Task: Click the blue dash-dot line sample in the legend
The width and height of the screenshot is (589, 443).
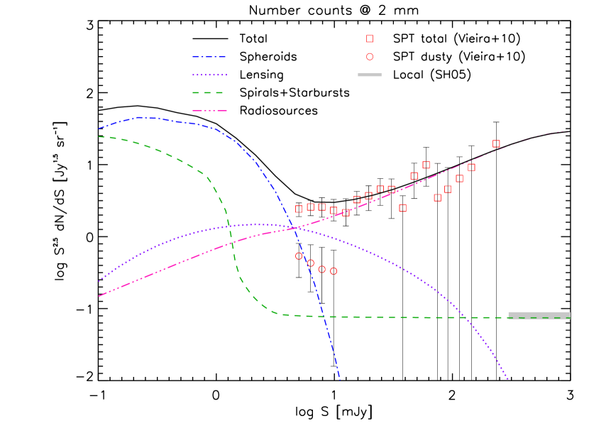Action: (x=209, y=57)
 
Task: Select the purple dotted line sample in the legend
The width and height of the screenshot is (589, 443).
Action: (x=209, y=75)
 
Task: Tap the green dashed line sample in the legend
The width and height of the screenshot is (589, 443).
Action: (x=209, y=92)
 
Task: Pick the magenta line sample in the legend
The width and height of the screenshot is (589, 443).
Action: (x=209, y=111)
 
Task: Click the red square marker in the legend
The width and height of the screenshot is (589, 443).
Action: (x=370, y=39)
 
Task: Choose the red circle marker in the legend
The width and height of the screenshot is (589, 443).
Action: (x=370, y=57)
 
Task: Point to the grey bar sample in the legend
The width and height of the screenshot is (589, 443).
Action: (x=370, y=75)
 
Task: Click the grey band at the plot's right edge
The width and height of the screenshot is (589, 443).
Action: (x=539, y=315)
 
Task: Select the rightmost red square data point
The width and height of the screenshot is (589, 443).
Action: (x=496, y=143)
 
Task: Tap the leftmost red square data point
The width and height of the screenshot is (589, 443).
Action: (x=299, y=209)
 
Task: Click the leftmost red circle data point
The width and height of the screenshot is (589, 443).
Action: (x=299, y=256)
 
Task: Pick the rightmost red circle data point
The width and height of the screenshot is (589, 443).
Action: (x=334, y=270)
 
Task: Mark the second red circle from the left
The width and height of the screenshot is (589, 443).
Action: (x=310, y=263)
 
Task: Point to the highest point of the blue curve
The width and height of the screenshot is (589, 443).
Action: (x=140, y=117)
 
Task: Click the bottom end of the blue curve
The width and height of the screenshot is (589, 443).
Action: (x=340, y=380)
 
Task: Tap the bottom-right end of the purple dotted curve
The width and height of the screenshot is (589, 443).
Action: (x=508, y=380)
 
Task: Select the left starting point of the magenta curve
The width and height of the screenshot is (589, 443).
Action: (x=99, y=296)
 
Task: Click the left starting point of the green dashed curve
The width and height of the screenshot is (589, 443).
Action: (x=99, y=136)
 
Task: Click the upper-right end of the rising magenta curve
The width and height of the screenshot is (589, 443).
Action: (x=567, y=131)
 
